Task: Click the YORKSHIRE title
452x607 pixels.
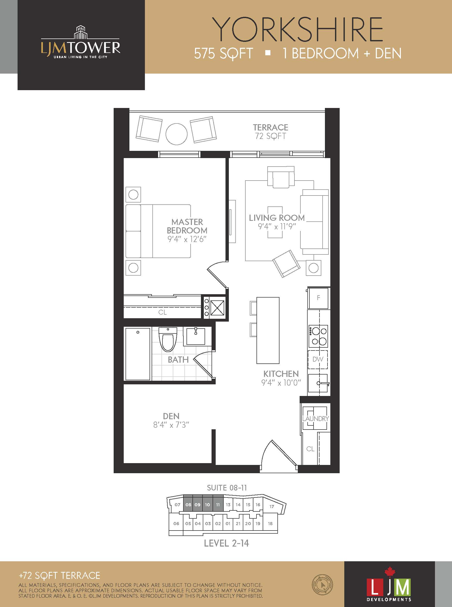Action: [297, 29]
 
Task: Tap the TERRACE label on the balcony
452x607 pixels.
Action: [270, 128]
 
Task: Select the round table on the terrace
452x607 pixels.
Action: [176, 134]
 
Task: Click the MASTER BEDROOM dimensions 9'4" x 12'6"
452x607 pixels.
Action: [187, 239]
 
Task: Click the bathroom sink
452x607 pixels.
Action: [196, 336]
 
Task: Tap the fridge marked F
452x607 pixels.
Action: [318, 298]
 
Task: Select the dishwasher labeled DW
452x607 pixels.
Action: [318, 360]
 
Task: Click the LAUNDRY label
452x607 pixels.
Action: [315, 418]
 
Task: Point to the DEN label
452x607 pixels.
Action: [171, 416]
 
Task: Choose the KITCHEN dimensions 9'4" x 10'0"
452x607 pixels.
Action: [281, 383]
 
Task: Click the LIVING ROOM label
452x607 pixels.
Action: [277, 218]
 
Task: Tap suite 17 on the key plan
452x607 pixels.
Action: [272, 506]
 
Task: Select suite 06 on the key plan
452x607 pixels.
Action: [176, 523]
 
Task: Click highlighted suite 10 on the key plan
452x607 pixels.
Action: [207, 504]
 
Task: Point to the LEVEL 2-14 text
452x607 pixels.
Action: [227, 543]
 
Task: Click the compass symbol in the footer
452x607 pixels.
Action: [322, 585]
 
